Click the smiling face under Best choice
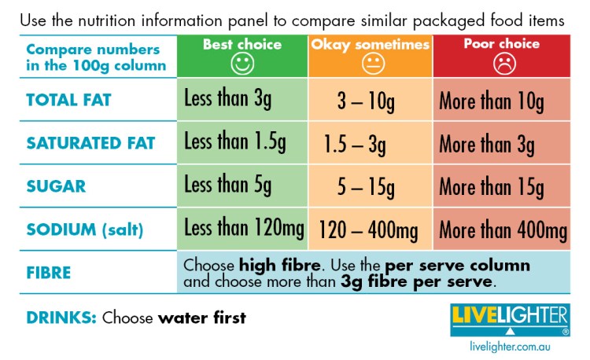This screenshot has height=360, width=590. (242, 64)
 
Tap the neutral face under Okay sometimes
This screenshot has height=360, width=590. (370, 65)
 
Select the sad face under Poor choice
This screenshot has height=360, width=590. (501, 64)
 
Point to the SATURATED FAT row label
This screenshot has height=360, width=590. (90, 144)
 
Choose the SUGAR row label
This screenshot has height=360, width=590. (56, 187)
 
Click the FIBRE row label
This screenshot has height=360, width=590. (49, 273)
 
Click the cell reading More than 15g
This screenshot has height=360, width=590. (491, 187)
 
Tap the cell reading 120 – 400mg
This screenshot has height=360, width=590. (368, 230)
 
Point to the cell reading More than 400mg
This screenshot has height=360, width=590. (503, 230)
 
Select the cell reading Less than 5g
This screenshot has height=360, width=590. (227, 187)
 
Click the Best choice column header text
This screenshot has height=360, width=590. (242, 44)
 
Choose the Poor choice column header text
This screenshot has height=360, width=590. (501, 44)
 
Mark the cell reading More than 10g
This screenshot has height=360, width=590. (491, 100)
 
